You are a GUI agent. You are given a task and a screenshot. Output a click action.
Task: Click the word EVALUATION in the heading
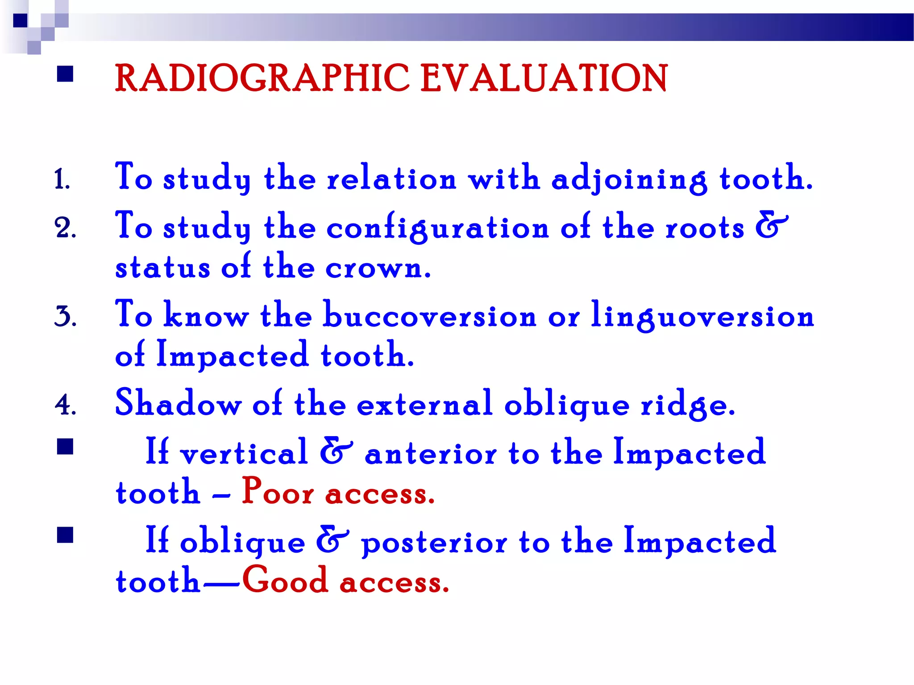point(544,78)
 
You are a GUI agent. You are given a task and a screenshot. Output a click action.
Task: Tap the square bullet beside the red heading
point(65,74)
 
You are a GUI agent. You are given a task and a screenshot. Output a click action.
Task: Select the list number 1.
point(62,180)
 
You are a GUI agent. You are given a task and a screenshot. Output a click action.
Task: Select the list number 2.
point(65,228)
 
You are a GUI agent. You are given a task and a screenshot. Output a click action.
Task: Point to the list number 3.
point(65,316)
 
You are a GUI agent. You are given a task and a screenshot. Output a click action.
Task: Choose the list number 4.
point(65,404)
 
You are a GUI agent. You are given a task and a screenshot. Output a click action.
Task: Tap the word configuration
point(437,228)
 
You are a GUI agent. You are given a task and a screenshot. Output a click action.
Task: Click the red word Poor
point(278,492)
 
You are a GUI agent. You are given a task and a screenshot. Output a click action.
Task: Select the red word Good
point(285,581)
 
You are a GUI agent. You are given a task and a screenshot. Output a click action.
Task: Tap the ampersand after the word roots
point(771,226)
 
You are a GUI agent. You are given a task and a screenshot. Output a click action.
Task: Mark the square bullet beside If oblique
point(65,535)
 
